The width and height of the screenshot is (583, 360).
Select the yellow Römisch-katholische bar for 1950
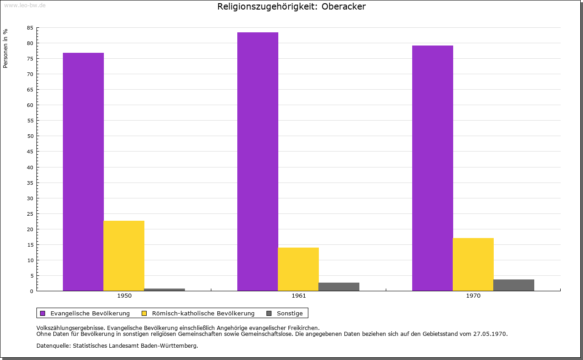tap(124, 255)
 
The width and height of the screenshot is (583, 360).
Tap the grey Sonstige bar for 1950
tap(164, 289)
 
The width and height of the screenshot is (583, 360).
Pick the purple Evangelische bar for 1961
tap(258, 161)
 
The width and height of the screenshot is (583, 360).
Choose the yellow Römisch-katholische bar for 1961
tap(298, 269)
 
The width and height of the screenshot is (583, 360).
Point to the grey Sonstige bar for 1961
tap(339, 287)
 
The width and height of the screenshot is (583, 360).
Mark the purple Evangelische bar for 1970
tap(433, 168)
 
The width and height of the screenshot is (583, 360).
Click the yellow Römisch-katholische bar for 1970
tap(473, 264)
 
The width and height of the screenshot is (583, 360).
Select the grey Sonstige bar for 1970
tap(514, 285)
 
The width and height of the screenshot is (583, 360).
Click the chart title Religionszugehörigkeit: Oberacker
tap(291, 7)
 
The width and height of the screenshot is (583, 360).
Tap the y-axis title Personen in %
tap(5, 48)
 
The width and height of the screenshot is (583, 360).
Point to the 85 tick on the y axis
tap(30, 28)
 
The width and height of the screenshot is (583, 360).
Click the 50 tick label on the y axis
tap(30, 136)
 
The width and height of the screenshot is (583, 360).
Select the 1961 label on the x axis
tap(299, 296)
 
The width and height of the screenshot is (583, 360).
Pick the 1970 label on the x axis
tap(473, 296)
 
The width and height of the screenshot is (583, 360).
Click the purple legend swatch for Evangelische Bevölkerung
tap(43, 313)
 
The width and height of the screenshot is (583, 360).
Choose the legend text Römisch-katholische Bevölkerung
tap(203, 313)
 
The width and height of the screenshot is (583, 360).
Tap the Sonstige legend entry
tap(290, 313)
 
